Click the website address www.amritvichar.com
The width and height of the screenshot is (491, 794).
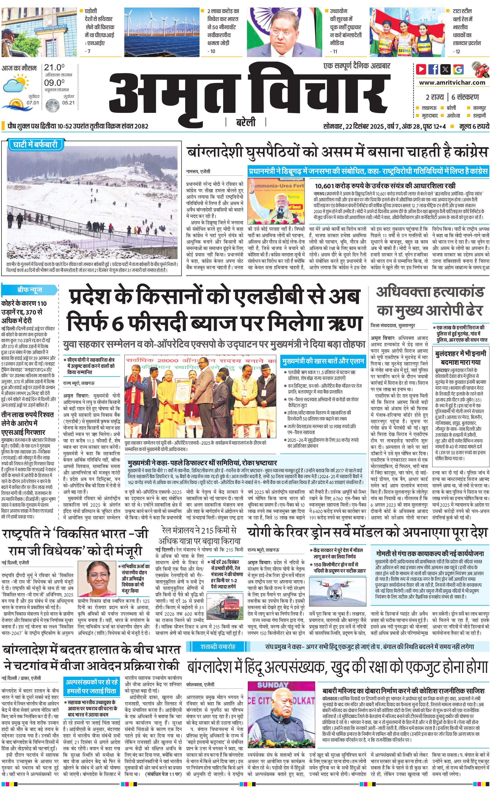click(452, 83)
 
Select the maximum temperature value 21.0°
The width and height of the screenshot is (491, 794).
click(54, 67)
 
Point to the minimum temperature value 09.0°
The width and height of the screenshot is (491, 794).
click(54, 83)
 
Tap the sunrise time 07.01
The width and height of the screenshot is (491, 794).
click(33, 103)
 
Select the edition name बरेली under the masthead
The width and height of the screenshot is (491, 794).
click(246, 122)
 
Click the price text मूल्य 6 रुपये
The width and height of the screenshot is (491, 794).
click(474, 126)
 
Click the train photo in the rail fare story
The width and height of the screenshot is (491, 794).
click(225, 606)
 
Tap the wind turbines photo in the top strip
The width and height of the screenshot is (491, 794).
click(161, 32)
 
